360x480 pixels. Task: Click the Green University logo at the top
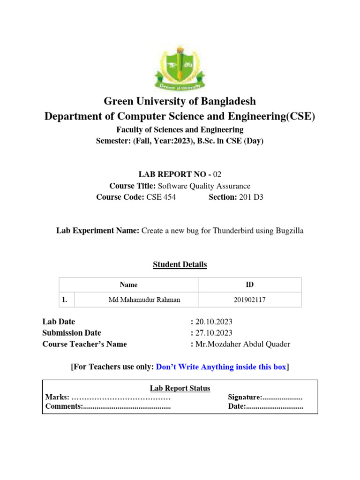tap(180, 67)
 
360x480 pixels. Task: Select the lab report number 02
tap(217, 174)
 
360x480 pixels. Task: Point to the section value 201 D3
tap(251, 197)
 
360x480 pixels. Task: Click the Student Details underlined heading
tap(180, 265)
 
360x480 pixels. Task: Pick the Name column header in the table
tap(128, 285)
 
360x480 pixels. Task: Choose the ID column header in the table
tap(250, 285)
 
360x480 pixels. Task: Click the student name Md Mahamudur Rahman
tap(137, 300)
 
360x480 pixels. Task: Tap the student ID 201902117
tap(250, 300)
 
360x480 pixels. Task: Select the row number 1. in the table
tap(65, 300)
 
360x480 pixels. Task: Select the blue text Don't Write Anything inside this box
tap(221, 367)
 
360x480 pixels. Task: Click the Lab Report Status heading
tap(180, 389)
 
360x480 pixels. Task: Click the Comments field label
tap(64, 406)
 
